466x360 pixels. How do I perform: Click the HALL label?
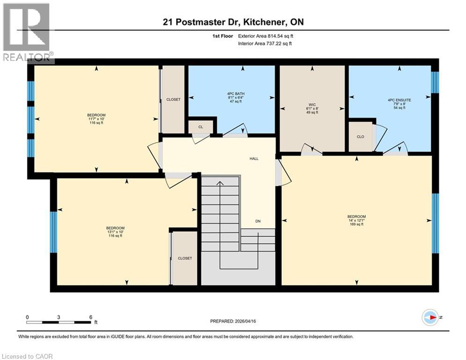pos(254,158)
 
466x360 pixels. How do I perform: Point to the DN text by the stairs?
pos(258,221)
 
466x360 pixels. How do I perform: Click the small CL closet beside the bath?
pos(200,127)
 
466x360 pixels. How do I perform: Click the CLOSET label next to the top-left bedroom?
pos(173,99)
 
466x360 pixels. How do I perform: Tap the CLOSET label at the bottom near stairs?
pos(185,258)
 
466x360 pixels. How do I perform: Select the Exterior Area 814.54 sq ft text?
pos(266,36)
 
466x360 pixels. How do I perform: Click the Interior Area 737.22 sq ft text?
pos(265,43)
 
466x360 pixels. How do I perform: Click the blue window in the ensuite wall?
pos(435,82)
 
